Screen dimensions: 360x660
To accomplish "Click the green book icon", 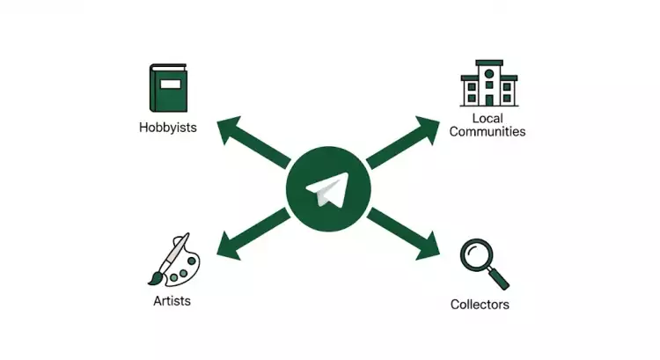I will coord(169,88).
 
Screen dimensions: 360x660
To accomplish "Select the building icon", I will coord(488,84).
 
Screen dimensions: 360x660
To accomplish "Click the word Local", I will coord(487,118).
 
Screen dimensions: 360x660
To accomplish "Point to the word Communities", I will coord(487,132).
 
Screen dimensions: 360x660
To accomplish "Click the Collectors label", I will coord(480,305).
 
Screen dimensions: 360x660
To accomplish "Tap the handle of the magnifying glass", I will coord(499,278).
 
